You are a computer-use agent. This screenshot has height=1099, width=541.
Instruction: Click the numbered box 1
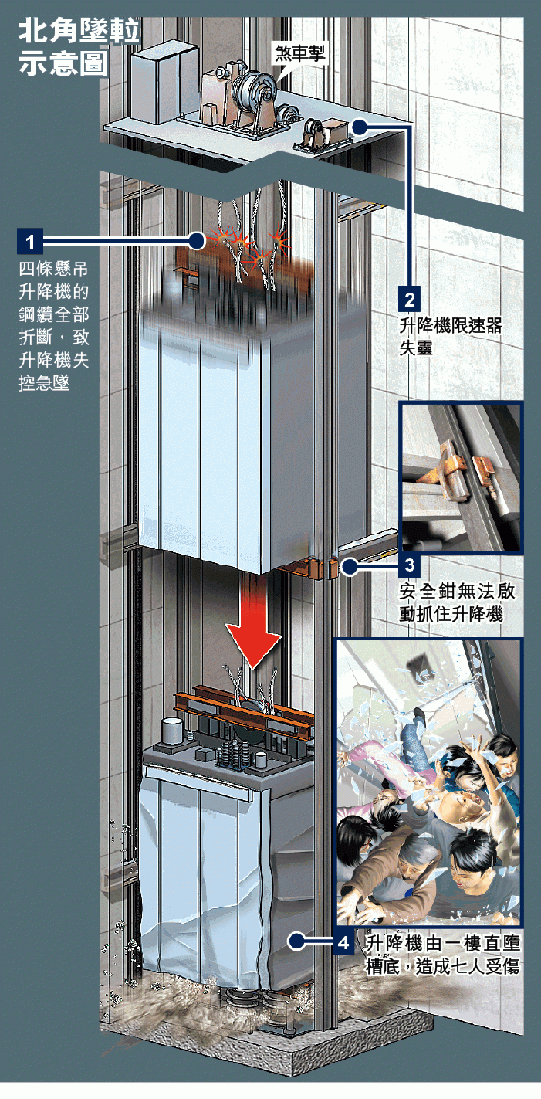click(30, 241)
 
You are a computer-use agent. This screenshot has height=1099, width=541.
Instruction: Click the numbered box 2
click(409, 300)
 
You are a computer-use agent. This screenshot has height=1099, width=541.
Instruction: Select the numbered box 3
click(410, 565)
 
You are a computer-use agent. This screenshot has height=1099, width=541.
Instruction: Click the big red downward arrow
click(253, 622)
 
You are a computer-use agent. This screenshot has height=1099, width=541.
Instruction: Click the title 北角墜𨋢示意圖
click(79, 47)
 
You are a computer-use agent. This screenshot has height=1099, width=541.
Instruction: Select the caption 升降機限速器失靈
click(451, 337)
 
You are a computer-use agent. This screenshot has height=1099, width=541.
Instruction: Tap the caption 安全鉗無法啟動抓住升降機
click(457, 602)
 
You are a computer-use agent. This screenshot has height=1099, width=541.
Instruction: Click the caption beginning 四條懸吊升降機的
click(53, 326)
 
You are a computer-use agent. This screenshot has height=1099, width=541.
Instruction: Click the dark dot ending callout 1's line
click(197, 241)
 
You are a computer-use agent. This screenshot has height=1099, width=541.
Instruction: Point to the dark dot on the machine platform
click(360, 127)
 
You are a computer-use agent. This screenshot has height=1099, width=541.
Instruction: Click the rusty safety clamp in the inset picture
click(449, 470)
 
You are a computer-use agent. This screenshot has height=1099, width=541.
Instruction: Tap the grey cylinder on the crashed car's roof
click(171, 732)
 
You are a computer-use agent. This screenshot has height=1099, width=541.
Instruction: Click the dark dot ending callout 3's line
click(350, 567)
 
